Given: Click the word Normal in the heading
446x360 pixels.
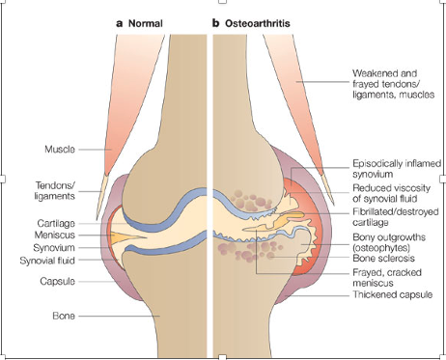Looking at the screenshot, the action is click(146, 23).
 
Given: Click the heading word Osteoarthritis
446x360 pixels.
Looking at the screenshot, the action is click(258, 23).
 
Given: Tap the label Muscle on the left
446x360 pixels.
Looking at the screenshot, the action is click(60, 150).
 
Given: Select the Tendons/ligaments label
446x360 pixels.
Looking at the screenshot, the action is click(55, 191).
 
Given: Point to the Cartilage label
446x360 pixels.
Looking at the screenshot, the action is click(56, 223).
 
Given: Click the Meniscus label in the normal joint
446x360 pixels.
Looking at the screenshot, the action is click(55, 235).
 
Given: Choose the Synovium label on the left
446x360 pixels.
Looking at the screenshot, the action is click(54, 248).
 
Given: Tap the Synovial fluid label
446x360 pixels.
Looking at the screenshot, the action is click(47, 261).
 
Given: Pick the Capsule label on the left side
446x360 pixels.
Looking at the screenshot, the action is click(58, 281).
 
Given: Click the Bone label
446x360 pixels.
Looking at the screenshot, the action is click(64, 316).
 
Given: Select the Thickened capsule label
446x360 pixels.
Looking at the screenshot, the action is click(393, 294).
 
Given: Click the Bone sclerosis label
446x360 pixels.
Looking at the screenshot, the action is click(383, 258).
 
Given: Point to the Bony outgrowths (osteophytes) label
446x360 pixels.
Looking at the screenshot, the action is click(389, 242).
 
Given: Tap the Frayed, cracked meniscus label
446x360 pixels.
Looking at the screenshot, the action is click(387, 278).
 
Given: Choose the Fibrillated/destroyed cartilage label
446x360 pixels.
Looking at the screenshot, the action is click(396, 217).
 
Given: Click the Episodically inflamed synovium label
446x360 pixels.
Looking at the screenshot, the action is click(397, 169).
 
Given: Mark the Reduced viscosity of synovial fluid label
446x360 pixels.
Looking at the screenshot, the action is click(391, 193).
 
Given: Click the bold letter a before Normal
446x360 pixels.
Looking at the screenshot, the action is click(120, 24).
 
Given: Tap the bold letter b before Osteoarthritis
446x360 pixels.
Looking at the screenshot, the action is click(215, 23).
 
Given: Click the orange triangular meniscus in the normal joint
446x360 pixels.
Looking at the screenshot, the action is click(123, 236).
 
